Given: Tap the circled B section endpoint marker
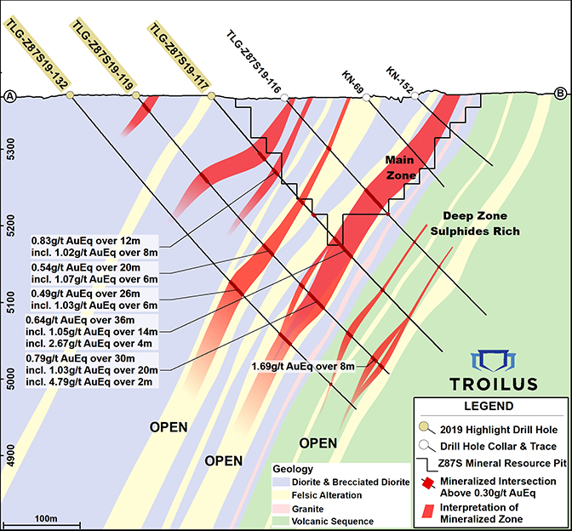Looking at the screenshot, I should click(x=561, y=94).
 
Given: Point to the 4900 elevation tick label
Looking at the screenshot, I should click(x=10, y=453).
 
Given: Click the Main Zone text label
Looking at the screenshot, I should click(x=401, y=168).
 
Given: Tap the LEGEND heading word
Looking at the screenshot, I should click(x=489, y=406).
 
